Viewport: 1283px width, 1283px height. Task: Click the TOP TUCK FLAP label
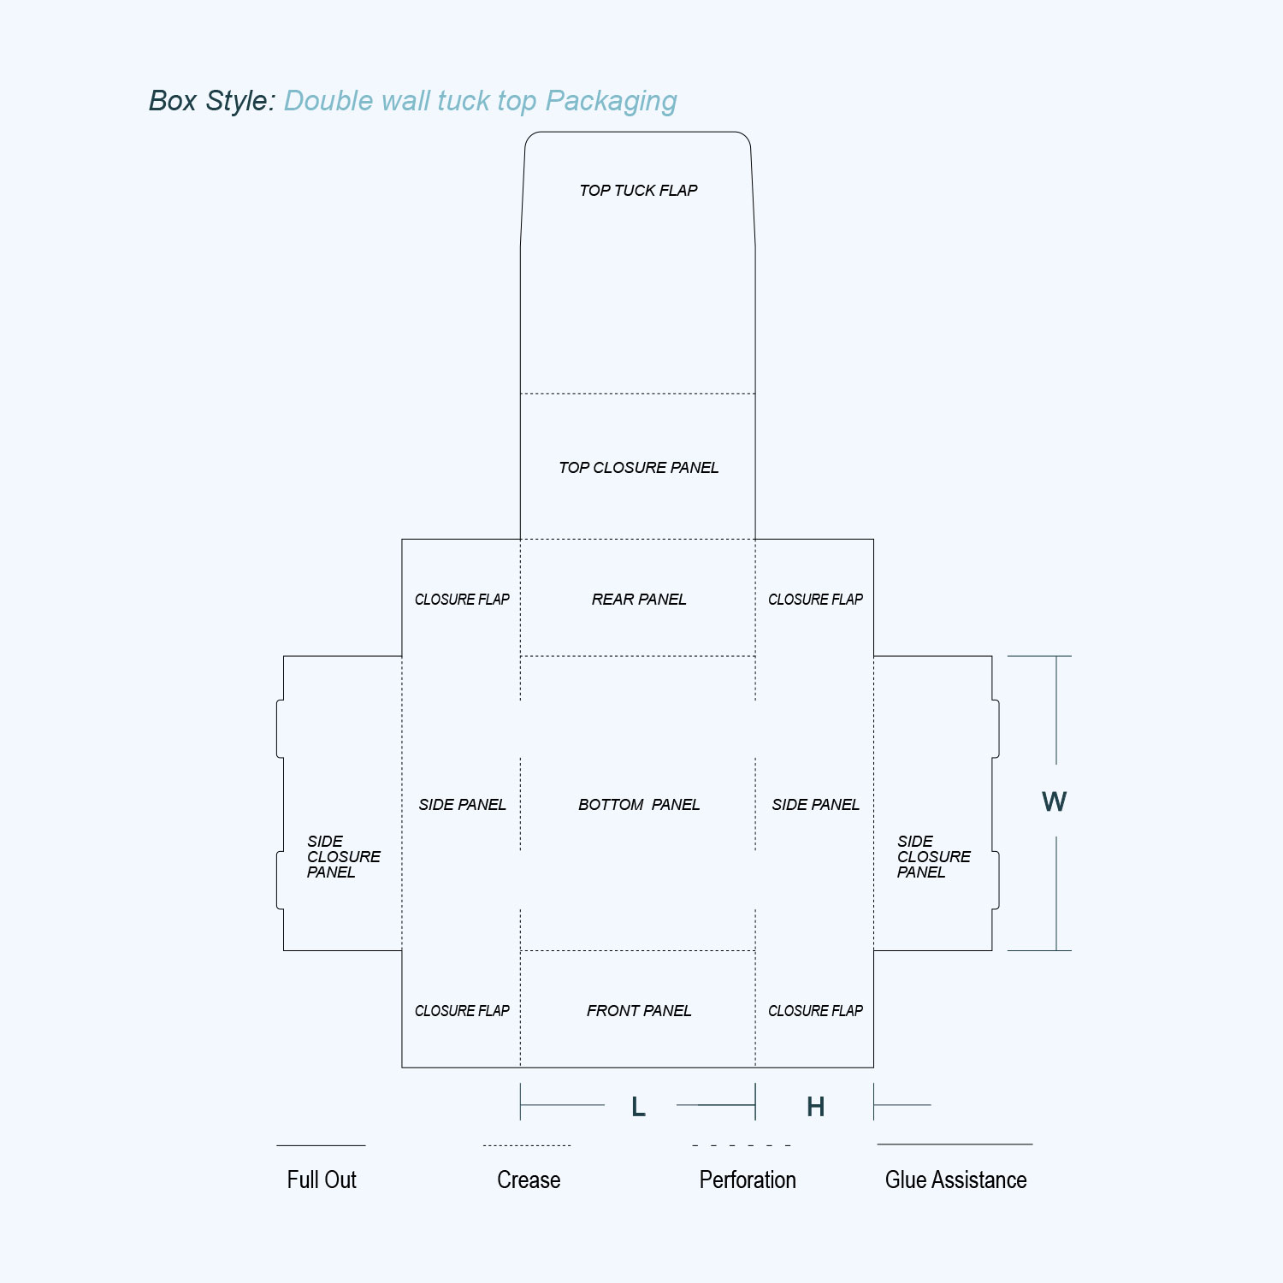coord(638,191)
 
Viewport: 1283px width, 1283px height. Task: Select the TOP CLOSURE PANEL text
coord(638,468)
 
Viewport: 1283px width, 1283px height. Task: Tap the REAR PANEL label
coord(639,600)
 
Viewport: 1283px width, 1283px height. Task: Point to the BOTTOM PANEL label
coord(639,805)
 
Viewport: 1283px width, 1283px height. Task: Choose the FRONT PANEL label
coord(639,1011)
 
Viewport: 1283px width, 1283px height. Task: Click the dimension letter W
coord(1055,801)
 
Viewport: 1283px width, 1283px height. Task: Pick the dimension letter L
coord(638,1107)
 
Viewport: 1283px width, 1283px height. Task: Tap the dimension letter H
coord(816,1107)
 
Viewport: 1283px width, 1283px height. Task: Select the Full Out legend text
coord(322,1180)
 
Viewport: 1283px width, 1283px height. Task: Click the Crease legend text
coord(529,1180)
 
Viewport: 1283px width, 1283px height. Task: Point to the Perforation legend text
coord(748,1180)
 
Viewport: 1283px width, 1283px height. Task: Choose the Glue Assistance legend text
coord(956,1180)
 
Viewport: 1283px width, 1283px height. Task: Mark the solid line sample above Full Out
coord(321,1145)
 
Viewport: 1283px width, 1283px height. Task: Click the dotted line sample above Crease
coord(527,1145)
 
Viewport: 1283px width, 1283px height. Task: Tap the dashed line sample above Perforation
coord(742,1144)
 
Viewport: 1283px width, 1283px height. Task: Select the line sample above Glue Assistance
coord(955,1144)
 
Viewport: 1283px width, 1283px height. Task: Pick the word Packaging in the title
coord(611,102)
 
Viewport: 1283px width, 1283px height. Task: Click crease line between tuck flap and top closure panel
coord(638,394)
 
